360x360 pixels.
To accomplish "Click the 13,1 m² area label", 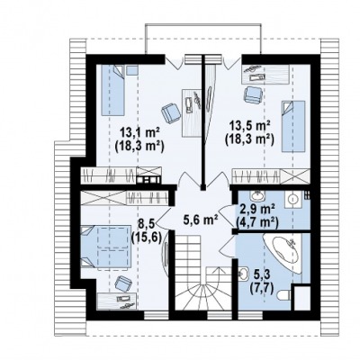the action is [x=139, y=132].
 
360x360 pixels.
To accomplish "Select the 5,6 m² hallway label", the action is [x=201, y=221].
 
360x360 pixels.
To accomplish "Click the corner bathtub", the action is [x=282, y=254].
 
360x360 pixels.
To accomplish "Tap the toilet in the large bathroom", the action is [x=283, y=296].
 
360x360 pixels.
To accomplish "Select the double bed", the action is [x=105, y=247].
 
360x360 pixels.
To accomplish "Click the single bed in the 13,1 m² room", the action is [x=112, y=90].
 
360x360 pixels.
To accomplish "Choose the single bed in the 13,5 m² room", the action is [x=293, y=126].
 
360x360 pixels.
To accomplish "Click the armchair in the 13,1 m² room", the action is [x=171, y=112].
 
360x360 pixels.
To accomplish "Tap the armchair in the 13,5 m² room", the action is [x=254, y=95].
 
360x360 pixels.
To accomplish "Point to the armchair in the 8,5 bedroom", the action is [x=123, y=283].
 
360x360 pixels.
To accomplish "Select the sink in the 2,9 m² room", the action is [x=257, y=196].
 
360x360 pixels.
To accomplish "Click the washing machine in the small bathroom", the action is [x=292, y=199].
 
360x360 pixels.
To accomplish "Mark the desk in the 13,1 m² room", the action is [x=191, y=112].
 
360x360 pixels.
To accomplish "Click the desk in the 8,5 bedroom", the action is [x=117, y=301].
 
